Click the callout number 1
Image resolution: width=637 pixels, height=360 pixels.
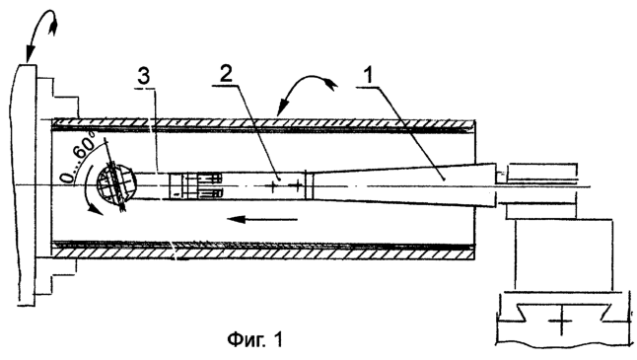click(368, 75)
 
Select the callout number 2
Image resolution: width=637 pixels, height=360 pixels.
click(226, 74)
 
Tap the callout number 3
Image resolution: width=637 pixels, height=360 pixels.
click(143, 76)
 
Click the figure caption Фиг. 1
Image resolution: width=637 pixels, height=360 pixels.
click(254, 339)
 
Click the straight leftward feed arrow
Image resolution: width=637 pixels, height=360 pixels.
click(262, 220)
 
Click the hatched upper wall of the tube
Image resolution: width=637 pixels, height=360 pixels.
click(264, 122)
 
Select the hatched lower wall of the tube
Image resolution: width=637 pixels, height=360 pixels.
click(264, 253)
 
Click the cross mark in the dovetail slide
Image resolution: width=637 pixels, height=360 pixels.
click(562, 322)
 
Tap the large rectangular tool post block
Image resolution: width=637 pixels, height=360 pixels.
click(563, 254)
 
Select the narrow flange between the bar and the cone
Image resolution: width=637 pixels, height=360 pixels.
click(309, 185)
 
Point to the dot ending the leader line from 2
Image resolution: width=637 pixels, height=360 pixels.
click(279, 179)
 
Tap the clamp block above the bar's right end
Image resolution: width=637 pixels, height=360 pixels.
click(541, 171)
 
